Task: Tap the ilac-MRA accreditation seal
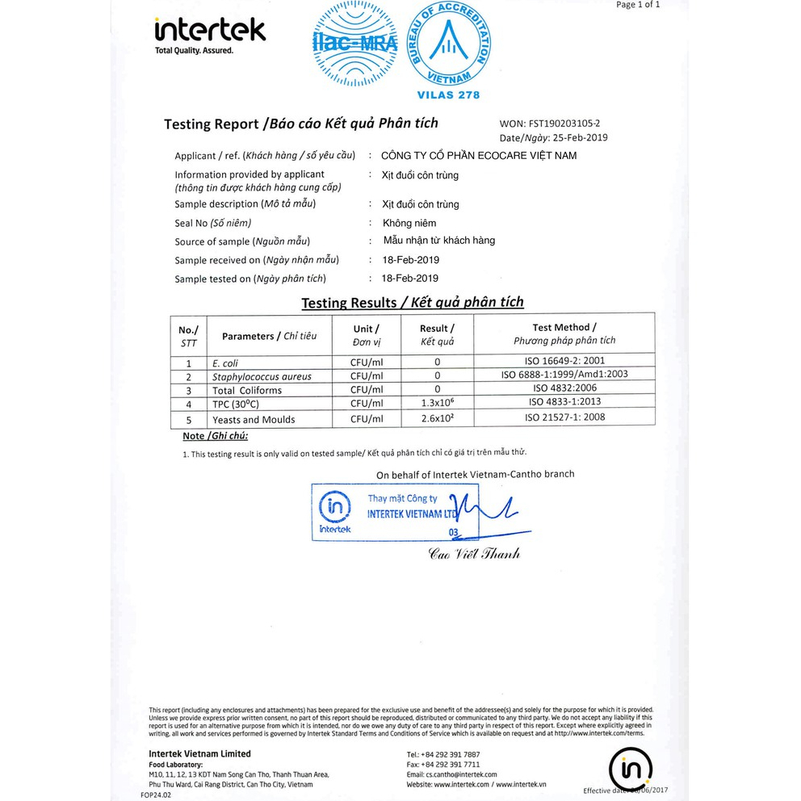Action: pyautogui.click(x=355, y=44)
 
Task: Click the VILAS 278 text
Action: pyautogui.click(x=448, y=95)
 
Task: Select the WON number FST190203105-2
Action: pyautogui.click(x=564, y=124)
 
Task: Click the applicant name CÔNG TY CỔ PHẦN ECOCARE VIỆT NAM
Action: pyautogui.click(x=479, y=155)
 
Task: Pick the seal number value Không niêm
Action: pyautogui.click(x=409, y=223)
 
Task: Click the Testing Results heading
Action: pyautogui.click(x=413, y=303)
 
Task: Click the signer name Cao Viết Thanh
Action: pyautogui.click(x=474, y=554)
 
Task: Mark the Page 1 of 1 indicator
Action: pyautogui.click(x=638, y=5)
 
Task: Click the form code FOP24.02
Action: pyautogui.click(x=156, y=795)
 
